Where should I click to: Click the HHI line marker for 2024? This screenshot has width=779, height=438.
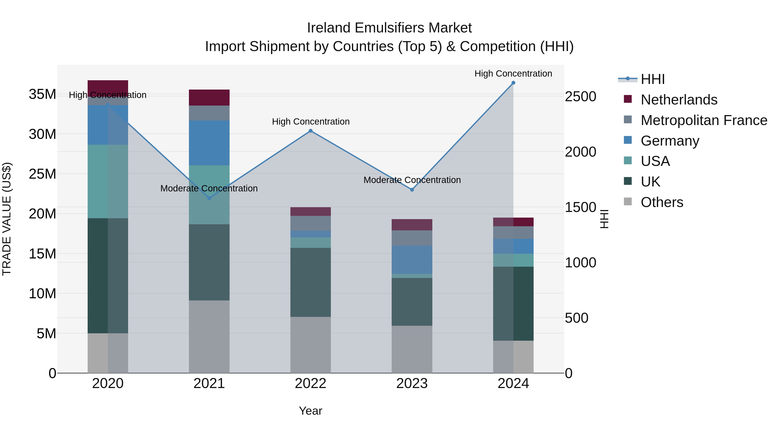point(513,83)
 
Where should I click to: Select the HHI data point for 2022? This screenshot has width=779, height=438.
point(310,131)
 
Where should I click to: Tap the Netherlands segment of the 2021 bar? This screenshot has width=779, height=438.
point(209,97)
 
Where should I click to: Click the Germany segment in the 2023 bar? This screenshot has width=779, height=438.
point(412,260)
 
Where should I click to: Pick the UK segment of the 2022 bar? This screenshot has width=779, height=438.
point(310,282)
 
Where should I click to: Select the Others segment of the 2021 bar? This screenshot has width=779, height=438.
point(209,336)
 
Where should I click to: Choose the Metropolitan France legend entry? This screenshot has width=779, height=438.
point(703,120)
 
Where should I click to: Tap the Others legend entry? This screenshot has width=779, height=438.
point(662,202)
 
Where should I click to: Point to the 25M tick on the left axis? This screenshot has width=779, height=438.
point(42,174)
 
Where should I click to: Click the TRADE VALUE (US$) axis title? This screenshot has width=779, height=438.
point(7,219)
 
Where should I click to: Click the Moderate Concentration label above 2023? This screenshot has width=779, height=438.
point(412,180)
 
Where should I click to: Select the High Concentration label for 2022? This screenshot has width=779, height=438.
point(311,122)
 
